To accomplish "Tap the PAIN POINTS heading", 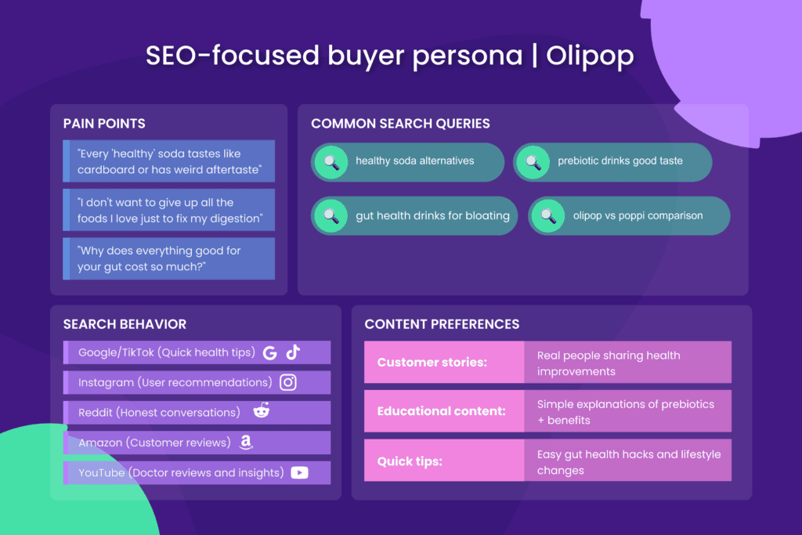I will tap(104, 124).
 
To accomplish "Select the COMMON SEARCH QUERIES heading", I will tap(400, 124).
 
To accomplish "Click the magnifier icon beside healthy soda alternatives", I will tap(331, 162).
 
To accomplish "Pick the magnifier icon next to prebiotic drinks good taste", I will tap(533, 162).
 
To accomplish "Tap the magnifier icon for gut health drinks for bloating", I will tap(331, 215).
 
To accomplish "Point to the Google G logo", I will tap(270, 352).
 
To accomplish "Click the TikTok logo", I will tap(293, 352).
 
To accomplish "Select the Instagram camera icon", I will tap(288, 382).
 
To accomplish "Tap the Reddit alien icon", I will tap(261, 411).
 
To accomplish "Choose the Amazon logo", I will tap(246, 443).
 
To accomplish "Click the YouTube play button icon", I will tap(299, 472).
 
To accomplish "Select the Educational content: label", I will tap(441, 411).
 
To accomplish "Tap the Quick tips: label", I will tap(410, 461).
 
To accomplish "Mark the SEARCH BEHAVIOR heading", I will tap(125, 324).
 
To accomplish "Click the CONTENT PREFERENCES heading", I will tap(442, 324).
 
